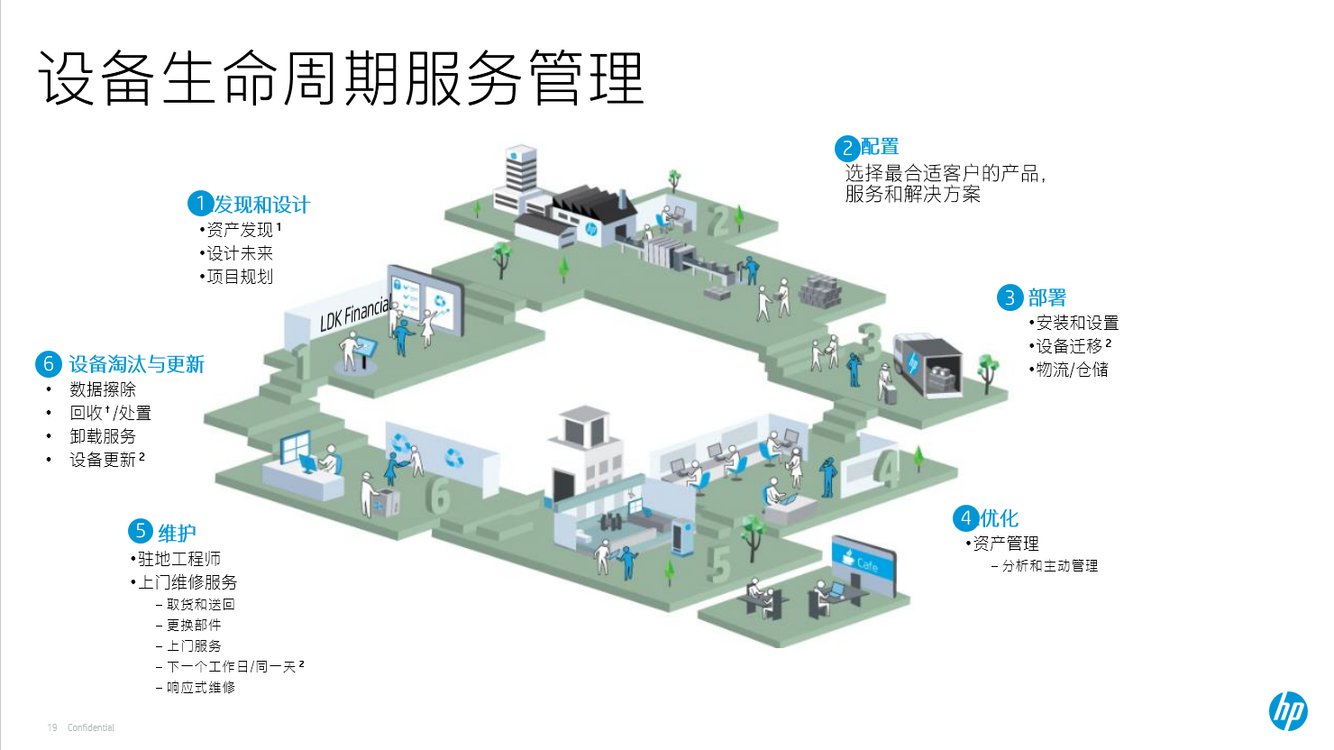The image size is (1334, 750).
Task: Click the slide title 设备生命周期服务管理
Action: pyautogui.click(x=341, y=78)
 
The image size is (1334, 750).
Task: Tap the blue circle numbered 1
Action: pyautogui.click(x=200, y=204)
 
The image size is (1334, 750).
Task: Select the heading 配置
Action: pyautogui.click(x=880, y=147)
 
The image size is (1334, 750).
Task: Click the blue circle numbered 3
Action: pyautogui.click(x=1010, y=297)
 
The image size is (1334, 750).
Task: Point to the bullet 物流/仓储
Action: pyautogui.click(x=1072, y=370)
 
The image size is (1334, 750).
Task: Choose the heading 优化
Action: pyautogui.click(x=999, y=518)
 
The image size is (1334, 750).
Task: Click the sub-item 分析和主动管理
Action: pyautogui.click(x=1050, y=566)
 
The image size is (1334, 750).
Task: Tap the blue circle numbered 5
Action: pyautogui.click(x=141, y=532)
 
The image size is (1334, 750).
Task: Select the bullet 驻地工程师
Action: pyautogui.click(x=178, y=559)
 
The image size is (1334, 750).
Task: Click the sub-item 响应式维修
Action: pyautogui.click(x=200, y=688)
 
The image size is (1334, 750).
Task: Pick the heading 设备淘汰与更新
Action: pyautogui.click(x=137, y=364)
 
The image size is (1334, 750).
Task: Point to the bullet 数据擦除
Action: pyautogui.click(x=103, y=389)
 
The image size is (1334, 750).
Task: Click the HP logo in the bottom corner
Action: pyautogui.click(x=1288, y=711)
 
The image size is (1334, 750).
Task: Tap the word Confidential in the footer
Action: pyautogui.click(x=91, y=727)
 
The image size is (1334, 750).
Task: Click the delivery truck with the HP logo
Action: pyautogui.click(x=927, y=364)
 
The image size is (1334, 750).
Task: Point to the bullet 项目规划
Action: pyautogui.click(x=240, y=277)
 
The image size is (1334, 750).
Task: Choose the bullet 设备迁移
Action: pyautogui.click(x=1069, y=346)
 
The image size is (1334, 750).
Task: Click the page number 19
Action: pyautogui.click(x=52, y=727)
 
